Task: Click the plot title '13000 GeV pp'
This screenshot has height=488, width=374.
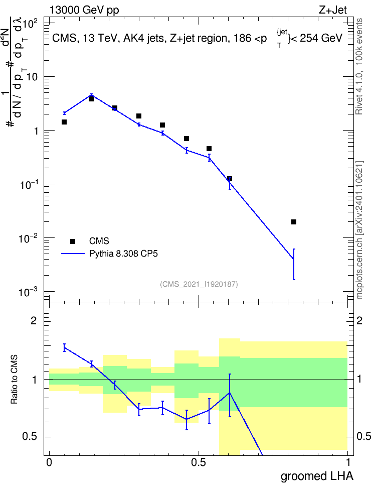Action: pos(84,10)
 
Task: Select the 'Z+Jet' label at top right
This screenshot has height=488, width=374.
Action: pos(333,10)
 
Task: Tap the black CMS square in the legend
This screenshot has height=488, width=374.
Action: pos(73,241)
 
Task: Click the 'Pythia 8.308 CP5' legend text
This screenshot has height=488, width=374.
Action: pos(123,254)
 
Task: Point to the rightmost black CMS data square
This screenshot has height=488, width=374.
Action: pos(294,222)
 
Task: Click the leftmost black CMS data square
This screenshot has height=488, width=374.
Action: pos(64,122)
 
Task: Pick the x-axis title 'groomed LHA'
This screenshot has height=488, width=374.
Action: pos(317,476)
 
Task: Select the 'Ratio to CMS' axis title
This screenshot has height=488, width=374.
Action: pos(14,379)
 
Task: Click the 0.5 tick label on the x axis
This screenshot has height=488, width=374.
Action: pos(199,462)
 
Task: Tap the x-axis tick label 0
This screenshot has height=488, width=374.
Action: pos(49,462)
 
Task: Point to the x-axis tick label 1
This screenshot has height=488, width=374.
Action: pos(348,462)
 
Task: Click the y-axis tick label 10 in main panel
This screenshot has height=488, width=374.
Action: pos(32,77)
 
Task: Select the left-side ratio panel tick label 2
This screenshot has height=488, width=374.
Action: pos(34,321)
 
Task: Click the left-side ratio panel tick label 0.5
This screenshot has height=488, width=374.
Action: pos(30,437)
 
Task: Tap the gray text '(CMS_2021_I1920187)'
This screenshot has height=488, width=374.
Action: pos(199,284)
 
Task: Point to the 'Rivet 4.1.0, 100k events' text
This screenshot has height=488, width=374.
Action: pos(359,66)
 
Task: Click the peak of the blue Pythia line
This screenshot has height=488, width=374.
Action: pos(91,95)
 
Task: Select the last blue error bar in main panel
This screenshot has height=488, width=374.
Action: pos(294,264)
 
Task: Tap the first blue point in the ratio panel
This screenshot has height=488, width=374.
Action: pos(64,347)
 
